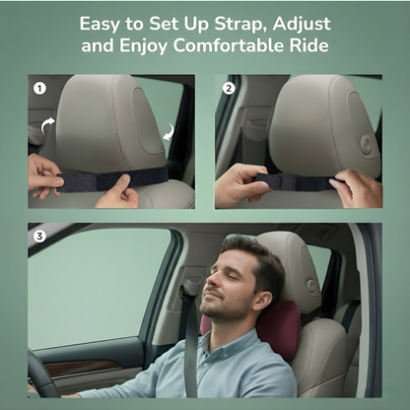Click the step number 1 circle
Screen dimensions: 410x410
pos(39,87)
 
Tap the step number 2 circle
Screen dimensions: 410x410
pos(229,87)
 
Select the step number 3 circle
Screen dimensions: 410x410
pos(39,237)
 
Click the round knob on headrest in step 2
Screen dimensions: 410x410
pos(366,143)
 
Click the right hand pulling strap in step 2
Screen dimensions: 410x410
pos(357,187)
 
